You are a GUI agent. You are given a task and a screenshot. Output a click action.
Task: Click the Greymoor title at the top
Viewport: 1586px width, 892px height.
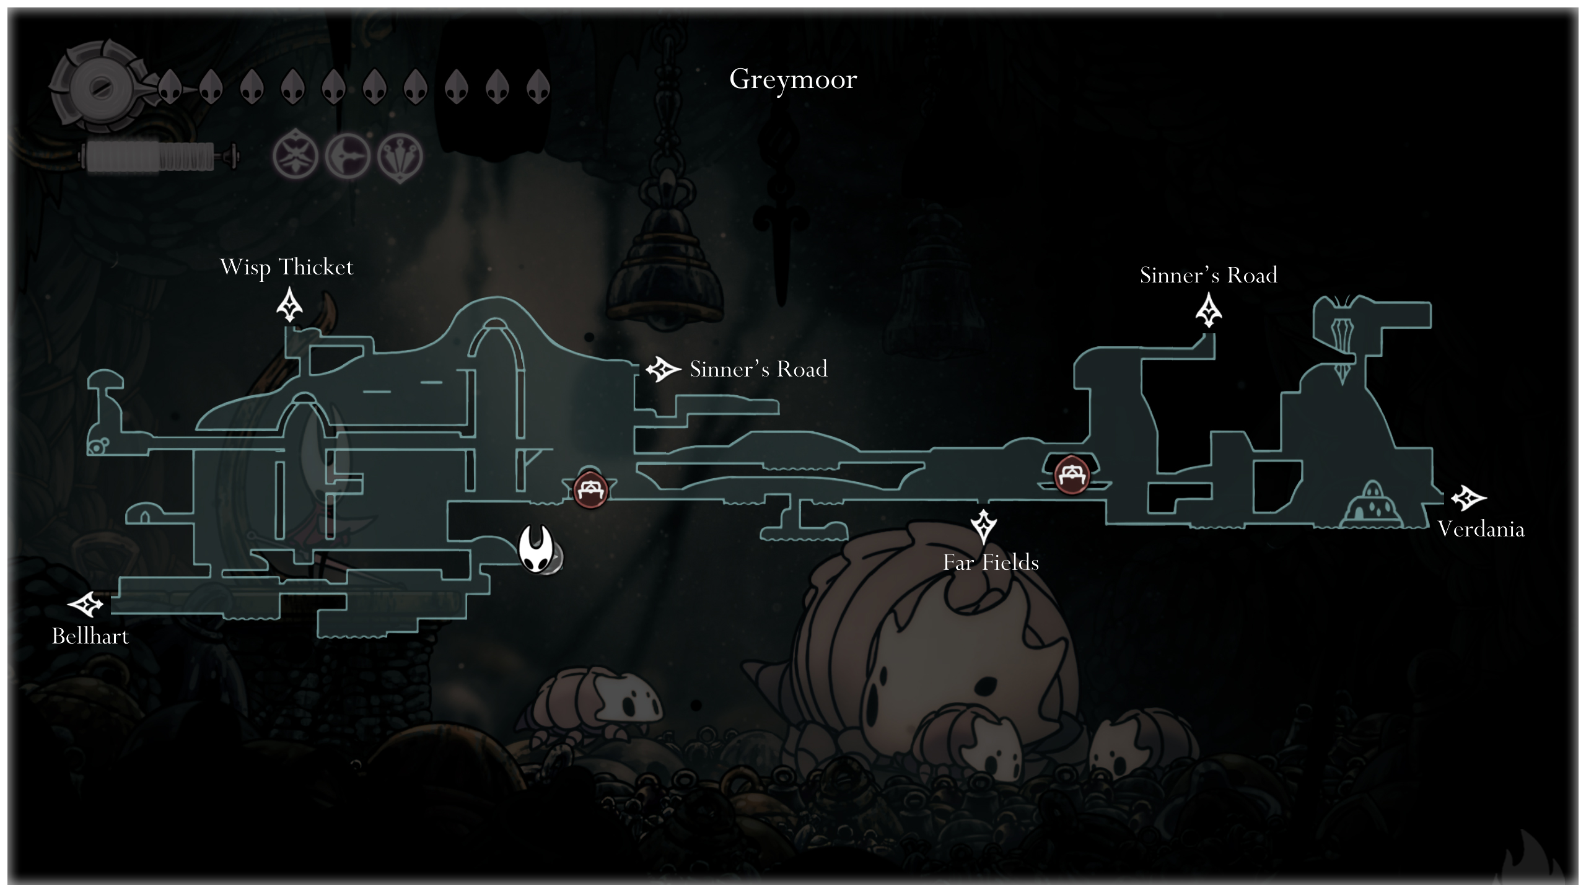click(x=793, y=79)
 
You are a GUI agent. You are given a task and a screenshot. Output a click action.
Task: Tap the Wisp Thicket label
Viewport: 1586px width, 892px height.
click(x=286, y=267)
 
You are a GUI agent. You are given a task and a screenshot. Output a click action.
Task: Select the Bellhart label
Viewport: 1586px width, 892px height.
click(x=90, y=636)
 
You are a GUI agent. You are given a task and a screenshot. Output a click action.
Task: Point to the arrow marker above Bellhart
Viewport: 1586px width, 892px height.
click(x=85, y=604)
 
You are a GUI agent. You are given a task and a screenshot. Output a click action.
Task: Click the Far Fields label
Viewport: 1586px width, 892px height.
click(x=991, y=562)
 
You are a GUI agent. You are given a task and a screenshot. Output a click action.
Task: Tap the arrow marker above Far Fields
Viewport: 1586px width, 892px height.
click(x=983, y=526)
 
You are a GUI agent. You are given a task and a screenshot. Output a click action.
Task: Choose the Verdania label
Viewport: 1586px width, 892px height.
click(x=1481, y=529)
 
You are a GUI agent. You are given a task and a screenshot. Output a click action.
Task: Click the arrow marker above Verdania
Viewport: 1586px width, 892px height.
click(x=1468, y=497)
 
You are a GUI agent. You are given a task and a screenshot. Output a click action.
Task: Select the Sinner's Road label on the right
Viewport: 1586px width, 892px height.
click(x=1208, y=275)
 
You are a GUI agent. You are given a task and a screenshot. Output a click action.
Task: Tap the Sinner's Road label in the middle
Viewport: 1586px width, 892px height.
click(x=758, y=369)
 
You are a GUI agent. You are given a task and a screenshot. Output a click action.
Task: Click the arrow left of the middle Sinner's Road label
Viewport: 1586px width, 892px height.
click(x=663, y=369)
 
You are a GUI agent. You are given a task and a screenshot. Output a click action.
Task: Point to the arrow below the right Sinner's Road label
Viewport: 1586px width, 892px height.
click(x=1208, y=310)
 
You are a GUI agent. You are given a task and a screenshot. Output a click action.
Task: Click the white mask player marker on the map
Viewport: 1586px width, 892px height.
click(x=536, y=549)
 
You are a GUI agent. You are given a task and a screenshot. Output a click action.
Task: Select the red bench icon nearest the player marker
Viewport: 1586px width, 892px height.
click(x=590, y=489)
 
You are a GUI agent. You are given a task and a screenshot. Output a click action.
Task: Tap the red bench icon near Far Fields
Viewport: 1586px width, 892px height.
click(x=1071, y=475)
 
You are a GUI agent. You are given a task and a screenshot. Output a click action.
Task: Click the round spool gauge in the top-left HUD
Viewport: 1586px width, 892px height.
click(x=99, y=87)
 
